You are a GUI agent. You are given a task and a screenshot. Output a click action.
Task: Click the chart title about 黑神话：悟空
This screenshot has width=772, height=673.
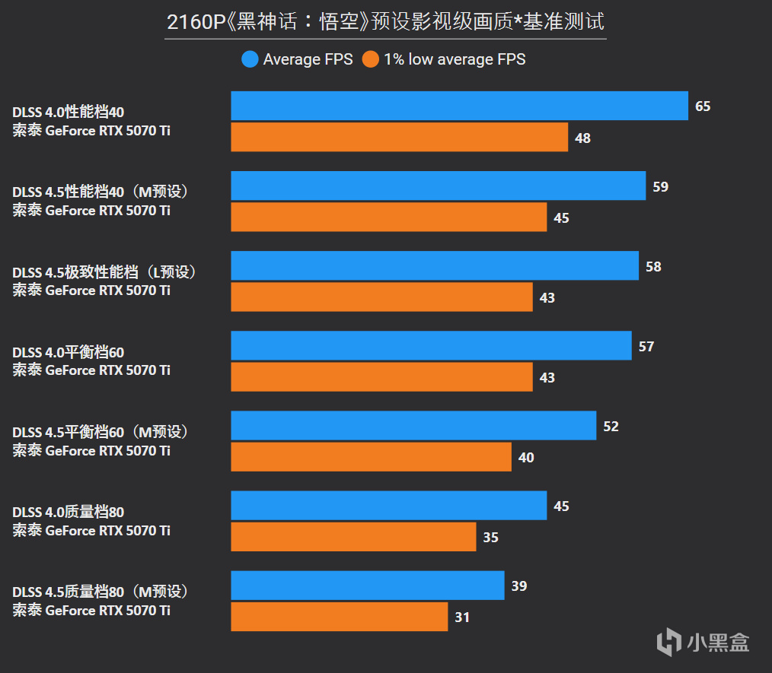(386, 23)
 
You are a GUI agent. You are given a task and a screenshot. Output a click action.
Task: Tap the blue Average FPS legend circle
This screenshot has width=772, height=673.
(250, 59)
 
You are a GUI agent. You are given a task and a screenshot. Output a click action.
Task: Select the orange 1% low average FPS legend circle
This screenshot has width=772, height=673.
(370, 59)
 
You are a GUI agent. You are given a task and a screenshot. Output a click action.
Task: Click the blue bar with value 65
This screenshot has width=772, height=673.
(459, 106)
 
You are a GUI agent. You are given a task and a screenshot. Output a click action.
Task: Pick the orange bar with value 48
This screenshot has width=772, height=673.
(399, 138)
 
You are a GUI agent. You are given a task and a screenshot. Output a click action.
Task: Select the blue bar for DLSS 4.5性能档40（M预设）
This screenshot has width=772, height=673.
(438, 186)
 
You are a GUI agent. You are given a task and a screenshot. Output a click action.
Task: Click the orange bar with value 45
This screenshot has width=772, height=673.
(388, 217)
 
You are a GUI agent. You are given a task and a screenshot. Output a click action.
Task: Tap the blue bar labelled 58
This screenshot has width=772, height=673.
(434, 266)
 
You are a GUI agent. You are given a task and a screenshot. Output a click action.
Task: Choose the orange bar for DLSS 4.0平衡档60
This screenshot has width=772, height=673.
(381, 377)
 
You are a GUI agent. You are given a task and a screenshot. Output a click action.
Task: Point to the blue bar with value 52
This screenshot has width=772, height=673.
(413, 426)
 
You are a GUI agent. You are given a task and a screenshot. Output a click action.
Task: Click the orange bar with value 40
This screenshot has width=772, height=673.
(371, 457)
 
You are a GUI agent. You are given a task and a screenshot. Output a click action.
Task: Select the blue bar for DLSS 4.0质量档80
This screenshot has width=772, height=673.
(388, 506)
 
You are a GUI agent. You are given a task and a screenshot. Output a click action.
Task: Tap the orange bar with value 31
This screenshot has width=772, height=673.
(339, 617)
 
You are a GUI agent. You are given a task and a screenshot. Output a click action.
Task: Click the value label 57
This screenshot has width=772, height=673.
(646, 347)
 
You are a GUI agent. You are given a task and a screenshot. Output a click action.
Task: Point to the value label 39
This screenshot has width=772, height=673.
(519, 586)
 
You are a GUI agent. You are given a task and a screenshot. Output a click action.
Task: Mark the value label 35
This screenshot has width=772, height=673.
(491, 538)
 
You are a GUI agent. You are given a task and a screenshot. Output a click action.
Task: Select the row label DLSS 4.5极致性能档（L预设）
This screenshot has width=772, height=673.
(104, 272)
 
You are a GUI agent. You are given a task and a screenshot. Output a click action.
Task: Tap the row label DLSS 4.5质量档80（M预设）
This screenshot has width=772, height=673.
(100, 592)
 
